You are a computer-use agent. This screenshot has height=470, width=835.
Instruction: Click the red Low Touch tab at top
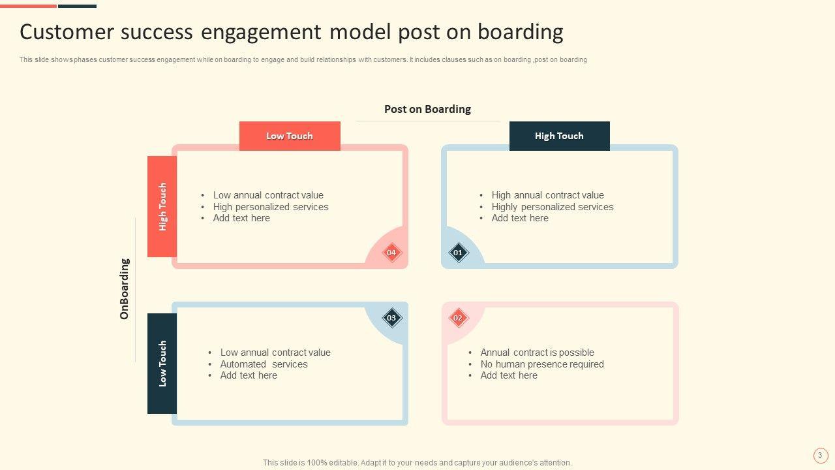[290, 136]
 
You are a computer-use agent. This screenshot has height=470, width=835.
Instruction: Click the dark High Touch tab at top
[559, 136]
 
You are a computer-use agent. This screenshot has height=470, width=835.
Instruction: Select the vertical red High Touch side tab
[162, 206]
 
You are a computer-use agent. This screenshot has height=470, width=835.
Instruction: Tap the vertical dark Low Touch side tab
[162, 364]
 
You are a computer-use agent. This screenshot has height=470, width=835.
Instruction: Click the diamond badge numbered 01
[458, 253]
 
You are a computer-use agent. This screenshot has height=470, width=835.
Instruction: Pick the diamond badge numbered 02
[458, 318]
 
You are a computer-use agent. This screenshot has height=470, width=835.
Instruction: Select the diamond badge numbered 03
[391, 318]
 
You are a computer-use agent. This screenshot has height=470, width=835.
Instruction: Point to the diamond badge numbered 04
[391, 253]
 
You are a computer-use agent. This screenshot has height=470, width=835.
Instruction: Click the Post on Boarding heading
[427, 109]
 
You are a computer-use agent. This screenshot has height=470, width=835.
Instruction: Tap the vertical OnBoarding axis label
[125, 289]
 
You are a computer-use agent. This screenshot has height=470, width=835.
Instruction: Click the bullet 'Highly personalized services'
[553, 207]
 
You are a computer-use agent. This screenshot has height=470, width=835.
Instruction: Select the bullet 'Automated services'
[264, 364]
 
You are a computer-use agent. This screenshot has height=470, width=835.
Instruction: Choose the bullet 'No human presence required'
[542, 364]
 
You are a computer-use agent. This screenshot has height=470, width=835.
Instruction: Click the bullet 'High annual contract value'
[547, 195]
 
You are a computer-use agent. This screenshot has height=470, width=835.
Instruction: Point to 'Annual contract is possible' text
[537, 352]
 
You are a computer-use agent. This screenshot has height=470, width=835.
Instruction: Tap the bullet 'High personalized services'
[271, 207]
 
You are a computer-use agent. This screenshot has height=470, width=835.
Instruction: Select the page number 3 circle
[820, 456]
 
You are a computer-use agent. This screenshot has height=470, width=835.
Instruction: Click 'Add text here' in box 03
[249, 375]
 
